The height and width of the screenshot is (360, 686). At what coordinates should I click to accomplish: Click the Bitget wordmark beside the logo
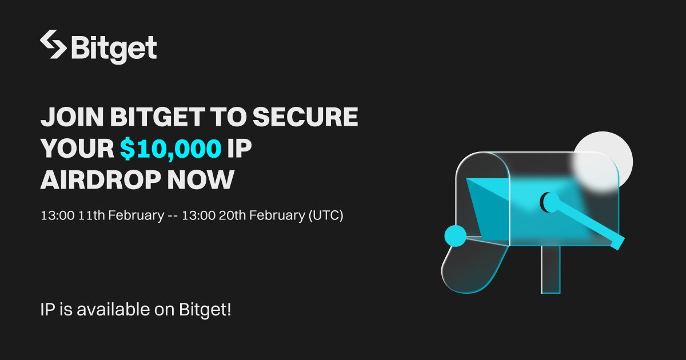point(113,48)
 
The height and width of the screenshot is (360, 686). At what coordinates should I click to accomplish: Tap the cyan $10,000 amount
point(170,149)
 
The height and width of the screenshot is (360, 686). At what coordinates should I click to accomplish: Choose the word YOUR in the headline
point(77,149)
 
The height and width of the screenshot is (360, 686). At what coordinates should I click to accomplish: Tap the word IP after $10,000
point(240,149)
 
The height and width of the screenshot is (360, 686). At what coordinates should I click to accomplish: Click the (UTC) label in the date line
point(325,217)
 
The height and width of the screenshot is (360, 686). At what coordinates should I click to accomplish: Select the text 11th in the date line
point(91,217)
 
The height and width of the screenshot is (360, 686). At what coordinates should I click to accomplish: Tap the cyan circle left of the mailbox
point(456,235)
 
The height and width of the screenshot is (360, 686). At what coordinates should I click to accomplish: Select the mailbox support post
point(551,269)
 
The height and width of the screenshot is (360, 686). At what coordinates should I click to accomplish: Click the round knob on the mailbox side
point(551,201)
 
